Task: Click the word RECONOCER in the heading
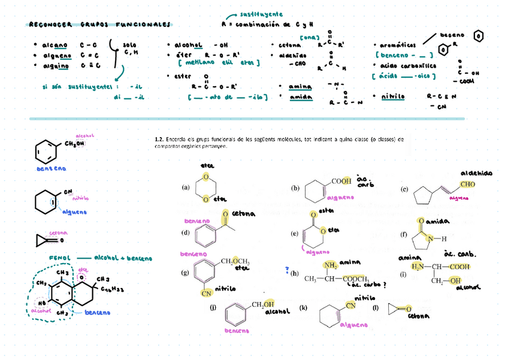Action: [x=51, y=25]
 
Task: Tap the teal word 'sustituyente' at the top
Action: [x=261, y=14]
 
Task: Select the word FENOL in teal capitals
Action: [x=60, y=258]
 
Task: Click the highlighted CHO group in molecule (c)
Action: [x=468, y=184]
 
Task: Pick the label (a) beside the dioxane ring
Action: [x=186, y=187]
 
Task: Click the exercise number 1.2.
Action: [x=159, y=140]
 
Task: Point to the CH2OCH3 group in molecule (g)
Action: [x=235, y=262]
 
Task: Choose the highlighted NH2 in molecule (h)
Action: [x=329, y=266]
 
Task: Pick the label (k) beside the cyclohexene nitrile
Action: [x=303, y=308]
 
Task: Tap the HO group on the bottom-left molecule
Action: [x=42, y=303]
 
